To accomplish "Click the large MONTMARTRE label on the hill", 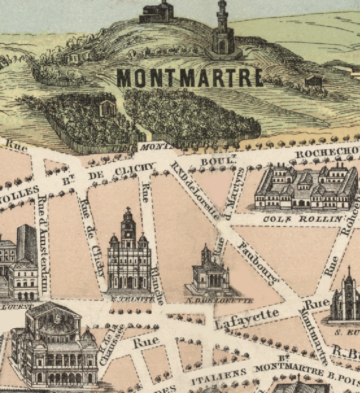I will coord(189,77).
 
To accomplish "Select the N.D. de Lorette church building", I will coord(210,272).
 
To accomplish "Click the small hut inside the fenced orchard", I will coord(107,108).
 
